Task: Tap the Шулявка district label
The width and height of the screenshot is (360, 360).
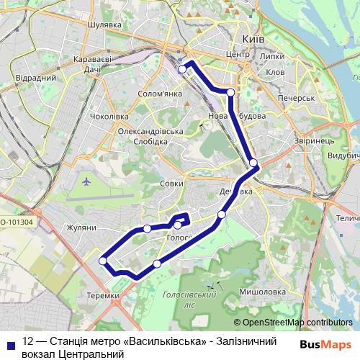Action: (103, 24)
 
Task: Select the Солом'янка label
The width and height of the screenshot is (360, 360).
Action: (161, 94)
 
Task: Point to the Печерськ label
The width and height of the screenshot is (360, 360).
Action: (299, 97)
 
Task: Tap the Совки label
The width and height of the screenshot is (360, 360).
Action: (171, 184)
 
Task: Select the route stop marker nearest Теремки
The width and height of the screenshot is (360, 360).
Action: (103, 261)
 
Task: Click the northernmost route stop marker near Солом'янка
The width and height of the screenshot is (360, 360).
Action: (182, 68)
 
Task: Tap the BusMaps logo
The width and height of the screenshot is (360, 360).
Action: (325, 344)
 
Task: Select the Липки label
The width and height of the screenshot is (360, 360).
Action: (273, 55)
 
